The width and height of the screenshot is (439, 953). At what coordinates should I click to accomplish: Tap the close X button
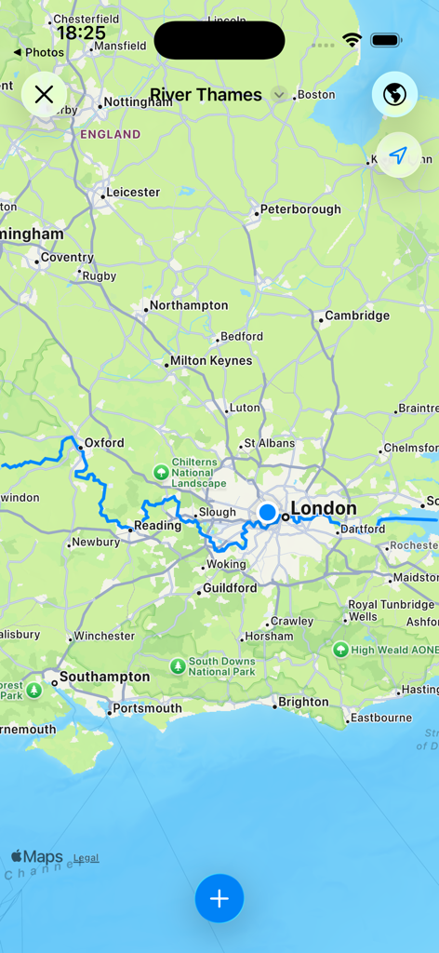coord(44,94)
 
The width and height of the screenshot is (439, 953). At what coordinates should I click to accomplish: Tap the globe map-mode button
coord(394,94)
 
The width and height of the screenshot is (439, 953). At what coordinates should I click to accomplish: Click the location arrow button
coord(398,155)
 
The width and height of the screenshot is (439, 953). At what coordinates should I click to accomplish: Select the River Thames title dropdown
coord(217,95)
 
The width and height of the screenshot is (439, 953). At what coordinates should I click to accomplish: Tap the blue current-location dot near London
coord(268,512)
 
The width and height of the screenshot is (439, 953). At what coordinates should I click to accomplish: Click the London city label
coord(323,508)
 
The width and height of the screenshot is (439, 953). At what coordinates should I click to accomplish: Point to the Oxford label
coord(103,443)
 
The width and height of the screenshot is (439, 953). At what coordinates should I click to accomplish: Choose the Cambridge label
coord(357,315)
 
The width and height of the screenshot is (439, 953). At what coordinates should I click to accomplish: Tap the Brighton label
coord(303,702)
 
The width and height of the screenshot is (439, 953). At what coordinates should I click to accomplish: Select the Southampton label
coord(104,677)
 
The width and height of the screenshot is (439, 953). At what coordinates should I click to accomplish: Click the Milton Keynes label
coord(210,360)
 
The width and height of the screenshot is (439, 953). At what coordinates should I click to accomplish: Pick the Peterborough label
coord(300,209)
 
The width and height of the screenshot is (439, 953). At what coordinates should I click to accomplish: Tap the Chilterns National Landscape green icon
coord(161,471)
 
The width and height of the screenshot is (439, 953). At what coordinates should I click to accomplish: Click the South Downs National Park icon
coord(178,666)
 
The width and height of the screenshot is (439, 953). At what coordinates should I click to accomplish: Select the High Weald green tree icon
coord(340,649)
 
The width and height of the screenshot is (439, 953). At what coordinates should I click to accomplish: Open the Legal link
coord(86,858)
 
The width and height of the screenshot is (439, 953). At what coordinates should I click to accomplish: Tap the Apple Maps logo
coord(37,856)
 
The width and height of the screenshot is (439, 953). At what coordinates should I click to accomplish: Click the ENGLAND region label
coord(110,134)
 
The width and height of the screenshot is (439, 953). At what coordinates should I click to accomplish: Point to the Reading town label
coord(157,525)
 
